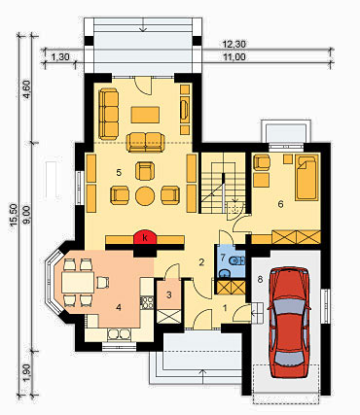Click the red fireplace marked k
pos(146,237)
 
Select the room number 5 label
pos(119,173)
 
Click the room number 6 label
pos(281,204)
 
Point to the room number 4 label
pos(119,307)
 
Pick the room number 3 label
pos(168,294)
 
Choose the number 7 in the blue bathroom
pos(223,258)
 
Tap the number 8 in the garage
pos(260,279)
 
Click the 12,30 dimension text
pos(234,43)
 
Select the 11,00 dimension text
pos(234,57)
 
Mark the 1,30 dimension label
pos(60,57)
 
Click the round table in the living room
pos(145,195)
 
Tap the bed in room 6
pos(306,177)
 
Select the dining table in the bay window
pos(78,282)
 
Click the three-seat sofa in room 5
pos(109,114)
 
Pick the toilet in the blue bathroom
pos(236,260)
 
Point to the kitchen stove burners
pos(147,302)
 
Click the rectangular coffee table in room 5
pos(145,115)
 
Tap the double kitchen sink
pos(119,333)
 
